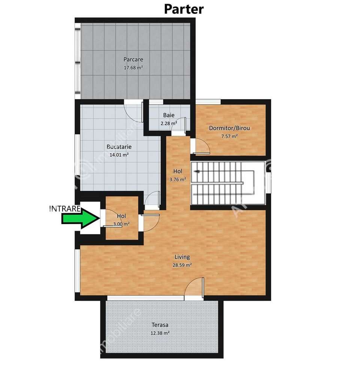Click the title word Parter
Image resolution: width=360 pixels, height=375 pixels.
coord(184,9)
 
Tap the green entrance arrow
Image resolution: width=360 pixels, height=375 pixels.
coord(80,219)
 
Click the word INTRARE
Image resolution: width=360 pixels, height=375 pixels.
coord(65,209)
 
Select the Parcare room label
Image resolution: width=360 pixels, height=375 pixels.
coord(133,59)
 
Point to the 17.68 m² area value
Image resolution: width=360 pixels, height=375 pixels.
coord(133,68)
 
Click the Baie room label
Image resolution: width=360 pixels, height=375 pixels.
coord(168,115)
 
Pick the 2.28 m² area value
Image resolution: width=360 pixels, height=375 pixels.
coord(168,123)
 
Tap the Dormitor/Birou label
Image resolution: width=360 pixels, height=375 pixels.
coord(229,128)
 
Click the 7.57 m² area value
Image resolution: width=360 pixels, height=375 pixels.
coord(229,136)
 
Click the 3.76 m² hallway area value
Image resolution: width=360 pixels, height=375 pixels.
coord(178,179)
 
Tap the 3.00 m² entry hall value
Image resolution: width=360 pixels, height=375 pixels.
coord(121,224)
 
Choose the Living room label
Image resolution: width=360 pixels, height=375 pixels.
coord(182,257)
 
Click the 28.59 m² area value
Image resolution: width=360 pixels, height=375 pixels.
coord(182,265)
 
